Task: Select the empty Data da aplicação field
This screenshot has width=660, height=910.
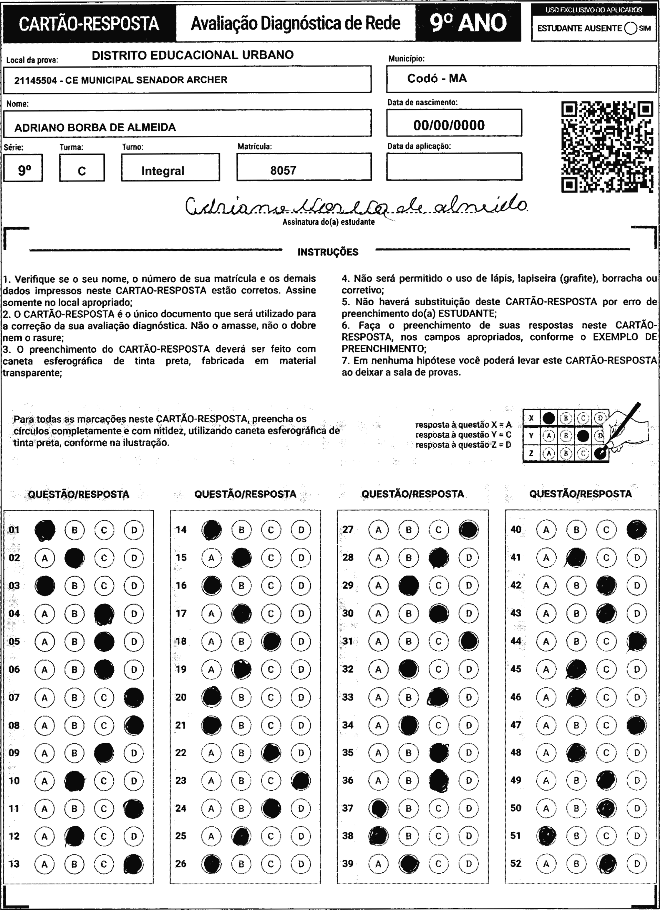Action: (454, 166)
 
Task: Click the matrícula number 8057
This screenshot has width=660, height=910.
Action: (283, 171)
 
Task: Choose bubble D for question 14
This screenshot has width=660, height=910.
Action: (301, 530)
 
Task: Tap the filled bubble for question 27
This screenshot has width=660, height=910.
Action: (468, 530)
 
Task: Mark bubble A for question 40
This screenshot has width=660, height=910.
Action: (546, 530)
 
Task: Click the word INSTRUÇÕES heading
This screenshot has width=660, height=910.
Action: (328, 252)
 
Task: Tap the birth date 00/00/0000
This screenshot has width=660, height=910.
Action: (449, 125)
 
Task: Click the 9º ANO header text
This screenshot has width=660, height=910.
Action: (468, 23)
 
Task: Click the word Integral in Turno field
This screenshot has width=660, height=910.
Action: (163, 171)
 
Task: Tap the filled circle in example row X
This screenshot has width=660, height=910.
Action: (548, 419)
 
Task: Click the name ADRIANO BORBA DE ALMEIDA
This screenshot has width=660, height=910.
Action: (95, 128)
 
